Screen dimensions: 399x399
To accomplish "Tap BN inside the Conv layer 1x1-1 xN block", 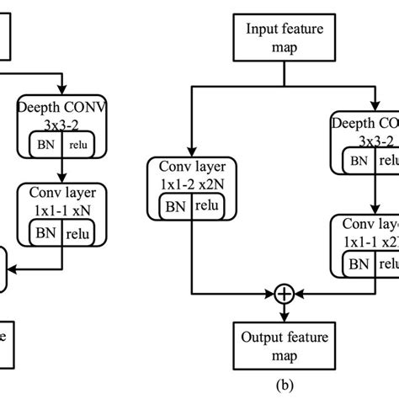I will [x=43, y=230].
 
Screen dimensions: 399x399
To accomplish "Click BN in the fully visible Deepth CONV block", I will [x=43, y=145].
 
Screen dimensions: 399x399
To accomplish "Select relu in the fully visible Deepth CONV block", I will [x=77, y=146].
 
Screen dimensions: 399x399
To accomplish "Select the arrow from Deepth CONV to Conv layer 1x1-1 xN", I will [x=62, y=173].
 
